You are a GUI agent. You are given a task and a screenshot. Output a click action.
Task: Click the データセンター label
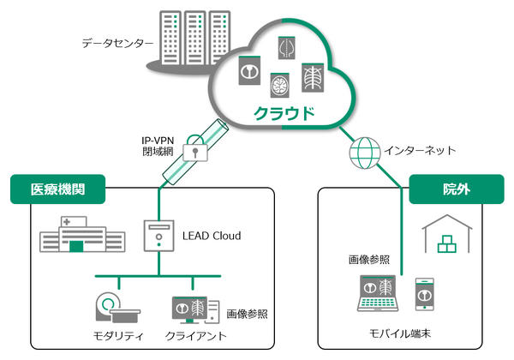(x=118, y=41)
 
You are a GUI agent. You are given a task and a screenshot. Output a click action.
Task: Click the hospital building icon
(x=74, y=234)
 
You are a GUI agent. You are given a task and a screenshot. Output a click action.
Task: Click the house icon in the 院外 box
(x=447, y=234)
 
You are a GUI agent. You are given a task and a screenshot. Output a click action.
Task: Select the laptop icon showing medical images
(x=377, y=294)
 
